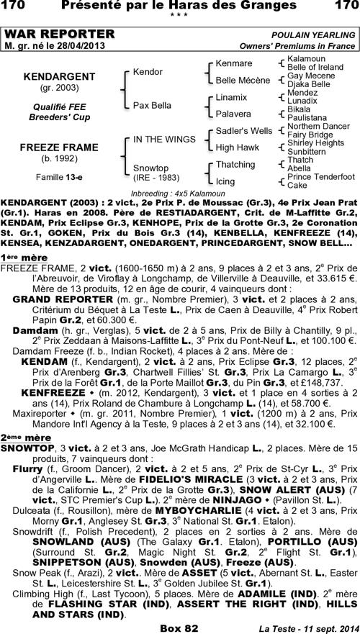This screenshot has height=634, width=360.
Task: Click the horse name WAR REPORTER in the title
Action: pyautogui.click(x=59, y=35)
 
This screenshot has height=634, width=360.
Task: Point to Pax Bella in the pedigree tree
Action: pyautogui.click(x=152, y=105)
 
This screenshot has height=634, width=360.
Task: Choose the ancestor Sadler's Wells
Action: pyautogui.click(x=244, y=131)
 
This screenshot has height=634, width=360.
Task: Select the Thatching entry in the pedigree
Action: pyautogui.click(x=235, y=165)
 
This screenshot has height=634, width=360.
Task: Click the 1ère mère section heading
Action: pyautogui.click(x=24, y=257)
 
